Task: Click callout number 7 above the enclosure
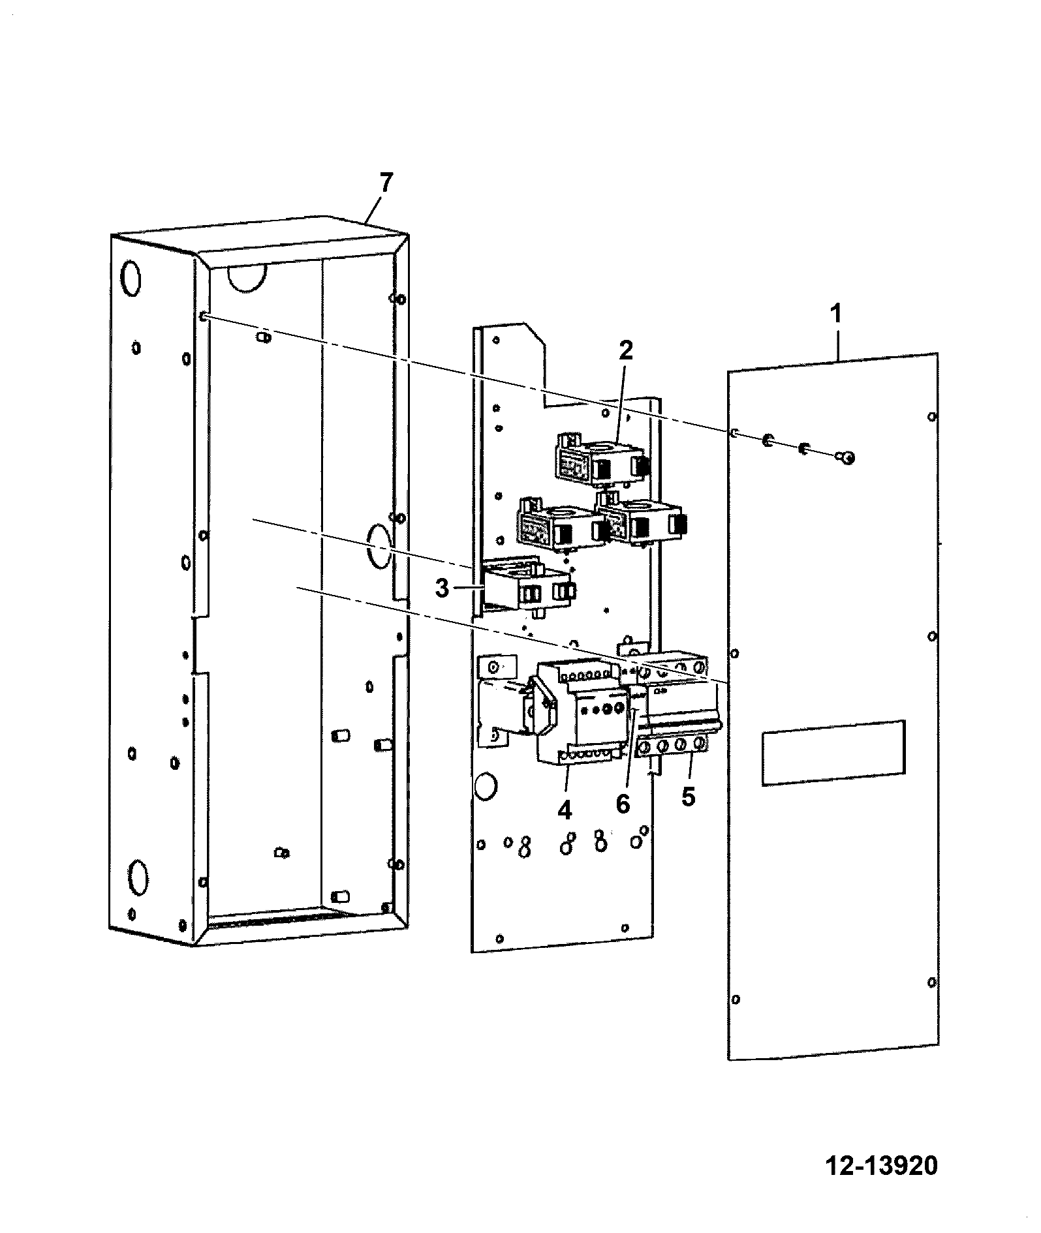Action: (x=386, y=183)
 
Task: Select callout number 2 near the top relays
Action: (x=625, y=351)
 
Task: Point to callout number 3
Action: (x=443, y=588)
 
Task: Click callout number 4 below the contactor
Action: (x=565, y=810)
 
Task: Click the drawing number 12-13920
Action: (x=882, y=1166)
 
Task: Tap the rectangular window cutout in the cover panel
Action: (x=833, y=752)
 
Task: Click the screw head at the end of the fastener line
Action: (x=845, y=459)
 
